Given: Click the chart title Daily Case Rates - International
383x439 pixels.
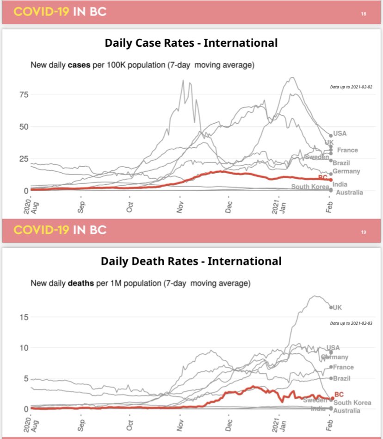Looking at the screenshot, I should click(x=191, y=43).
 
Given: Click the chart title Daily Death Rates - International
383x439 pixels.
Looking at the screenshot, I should click(x=191, y=261).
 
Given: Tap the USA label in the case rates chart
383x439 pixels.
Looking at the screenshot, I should click(x=340, y=133).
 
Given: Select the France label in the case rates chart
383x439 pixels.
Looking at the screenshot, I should click(x=347, y=150).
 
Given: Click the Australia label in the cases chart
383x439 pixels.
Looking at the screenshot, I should click(x=349, y=192).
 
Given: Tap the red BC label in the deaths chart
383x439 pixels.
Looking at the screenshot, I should click(x=339, y=394).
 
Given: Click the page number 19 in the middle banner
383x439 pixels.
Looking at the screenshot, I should click(x=364, y=232).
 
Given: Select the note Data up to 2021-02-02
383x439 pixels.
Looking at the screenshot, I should click(x=351, y=87).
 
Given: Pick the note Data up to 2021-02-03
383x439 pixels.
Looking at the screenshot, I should click(x=351, y=322).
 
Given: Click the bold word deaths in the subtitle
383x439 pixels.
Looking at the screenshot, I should click(x=80, y=283).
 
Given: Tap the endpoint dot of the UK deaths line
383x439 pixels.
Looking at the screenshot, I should click(x=331, y=307).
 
